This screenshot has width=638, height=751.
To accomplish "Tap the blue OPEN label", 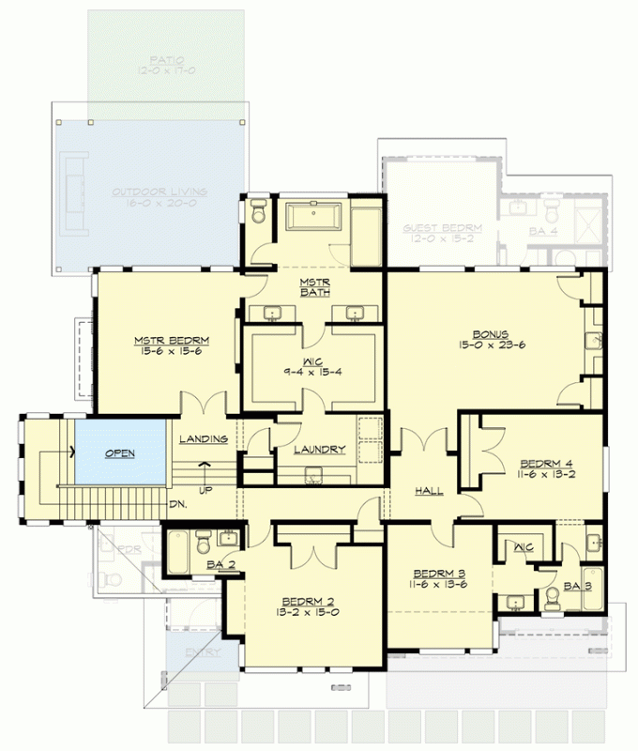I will point(119,453).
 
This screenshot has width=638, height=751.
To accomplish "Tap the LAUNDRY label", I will point(319,450).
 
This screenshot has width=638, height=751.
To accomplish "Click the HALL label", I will point(430,491).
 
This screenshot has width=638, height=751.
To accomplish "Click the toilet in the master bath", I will point(259,214).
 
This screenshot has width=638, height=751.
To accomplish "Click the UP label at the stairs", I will point(205,490).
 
